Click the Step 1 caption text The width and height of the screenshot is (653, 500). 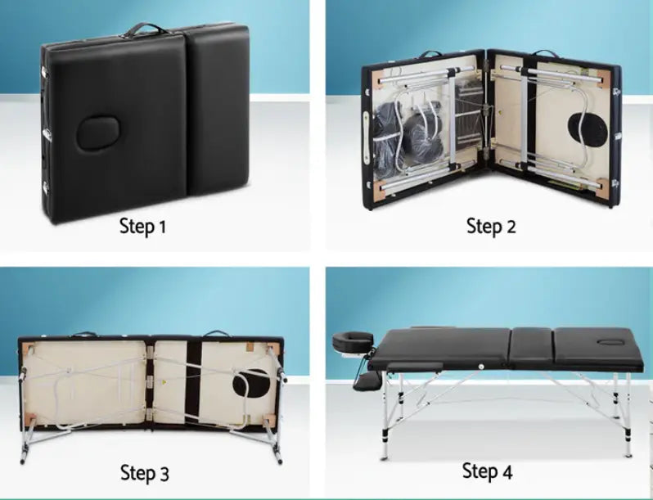coord(142,226)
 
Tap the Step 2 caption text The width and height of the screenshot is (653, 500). coord(491,226)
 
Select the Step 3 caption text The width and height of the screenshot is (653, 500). coord(145,472)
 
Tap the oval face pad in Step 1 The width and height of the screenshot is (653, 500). coord(98,133)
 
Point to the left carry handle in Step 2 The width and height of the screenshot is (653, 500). coord(430,55)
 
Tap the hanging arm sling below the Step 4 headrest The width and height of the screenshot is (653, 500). coord(367,378)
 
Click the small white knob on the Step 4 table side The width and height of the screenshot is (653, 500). coord(482,365)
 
